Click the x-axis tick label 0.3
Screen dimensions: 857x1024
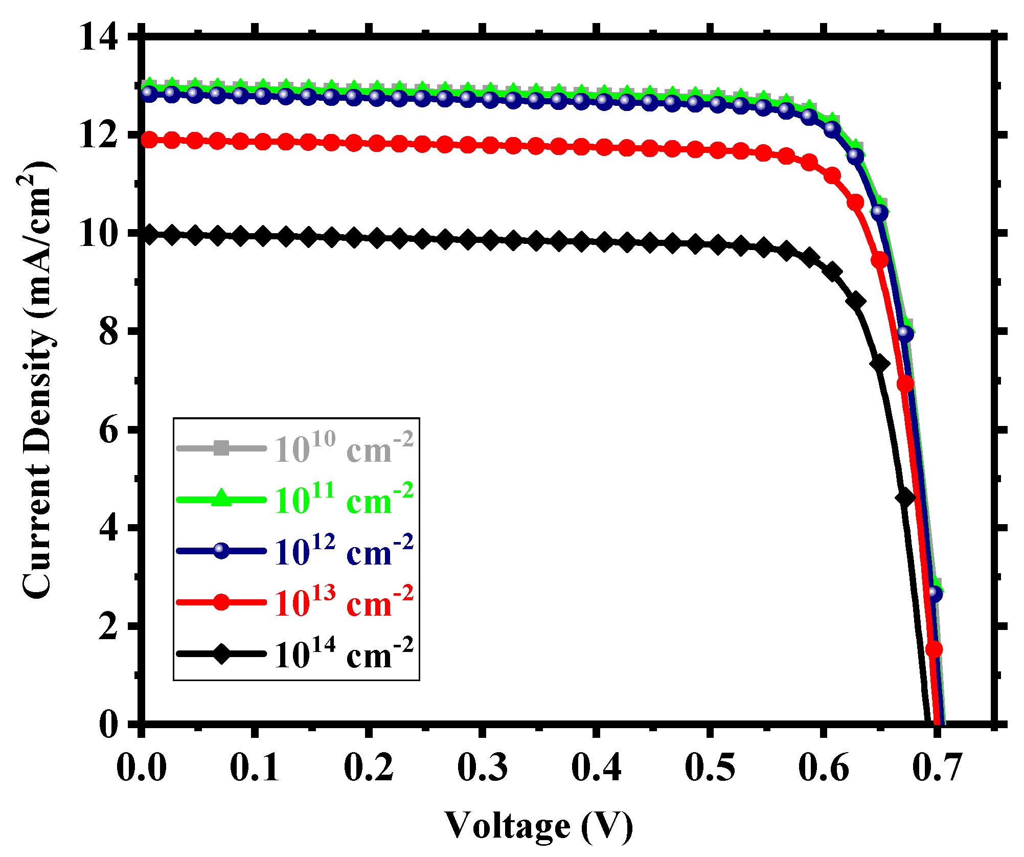click(x=482, y=767)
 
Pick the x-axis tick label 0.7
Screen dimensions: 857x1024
click(x=937, y=767)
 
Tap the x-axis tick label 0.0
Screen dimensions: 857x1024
click(x=142, y=767)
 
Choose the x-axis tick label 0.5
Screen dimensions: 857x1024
click(x=710, y=767)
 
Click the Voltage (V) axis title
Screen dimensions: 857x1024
click(x=539, y=825)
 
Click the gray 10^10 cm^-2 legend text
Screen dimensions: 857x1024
click(x=344, y=448)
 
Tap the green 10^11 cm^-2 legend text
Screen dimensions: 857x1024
click(x=344, y=500)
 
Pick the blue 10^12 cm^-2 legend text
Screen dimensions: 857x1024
click(x=344, y=551)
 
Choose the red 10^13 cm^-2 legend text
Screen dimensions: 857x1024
click(x=344, y=602)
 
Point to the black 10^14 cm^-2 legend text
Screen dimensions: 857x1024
click(x=344, y=654)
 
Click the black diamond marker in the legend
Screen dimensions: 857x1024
click(x=221, y=653)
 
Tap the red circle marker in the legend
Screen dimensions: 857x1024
click(x=221, y=602)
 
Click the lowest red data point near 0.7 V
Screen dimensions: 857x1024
click(x=934, y=649)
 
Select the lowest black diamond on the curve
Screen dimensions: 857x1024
click(x=905, y=497)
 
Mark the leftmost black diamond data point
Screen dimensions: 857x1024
click(x=149, y=235)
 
